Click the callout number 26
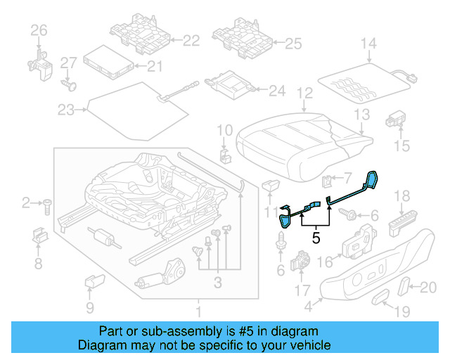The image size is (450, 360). pos(39,30)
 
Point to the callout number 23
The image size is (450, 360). pos(65,110)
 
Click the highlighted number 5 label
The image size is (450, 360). pos(316,238)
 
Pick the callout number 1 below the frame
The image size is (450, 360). pos(198,311)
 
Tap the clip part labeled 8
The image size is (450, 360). pos(39,237)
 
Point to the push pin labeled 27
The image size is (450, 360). pos(68,84)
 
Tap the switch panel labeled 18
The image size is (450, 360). pos(402,224)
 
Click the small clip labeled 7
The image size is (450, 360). pos(328,181)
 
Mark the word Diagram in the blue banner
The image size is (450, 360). pos(103,345)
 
